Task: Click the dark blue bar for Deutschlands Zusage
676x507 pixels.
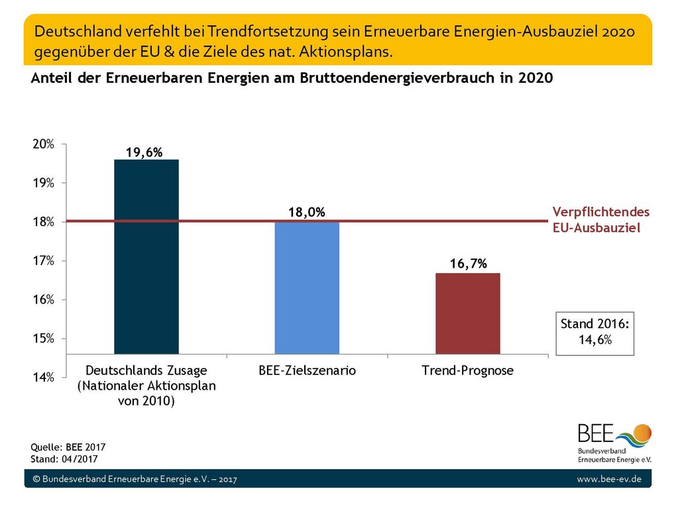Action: coord(146,257)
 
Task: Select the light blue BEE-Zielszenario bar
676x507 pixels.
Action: coord(307,288)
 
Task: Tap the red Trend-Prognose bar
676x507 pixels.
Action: coord(468,313)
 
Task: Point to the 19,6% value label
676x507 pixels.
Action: coord(144,152)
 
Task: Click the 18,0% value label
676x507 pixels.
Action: coord(307,212)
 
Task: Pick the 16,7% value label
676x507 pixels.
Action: coord(468,263)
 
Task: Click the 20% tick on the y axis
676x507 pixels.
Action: coord(44,144)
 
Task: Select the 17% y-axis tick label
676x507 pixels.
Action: coord(44,261)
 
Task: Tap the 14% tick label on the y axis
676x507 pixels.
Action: coord(44,378)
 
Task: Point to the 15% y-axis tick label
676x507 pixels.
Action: coord(44,339)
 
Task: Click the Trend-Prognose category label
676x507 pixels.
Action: coord(468,370)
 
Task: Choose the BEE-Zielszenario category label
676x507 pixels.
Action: coord(307,370)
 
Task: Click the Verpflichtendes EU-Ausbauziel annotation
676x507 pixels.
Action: coord(601,219)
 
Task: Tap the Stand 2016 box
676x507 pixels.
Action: coord(595,333)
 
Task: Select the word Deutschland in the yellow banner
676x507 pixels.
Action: coord(78,31)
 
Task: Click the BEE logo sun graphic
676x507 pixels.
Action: coord(642,433)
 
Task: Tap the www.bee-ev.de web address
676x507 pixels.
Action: coord(609,479)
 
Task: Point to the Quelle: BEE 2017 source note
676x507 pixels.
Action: coord(68,447)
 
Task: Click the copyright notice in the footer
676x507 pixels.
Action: coord(135,479)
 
